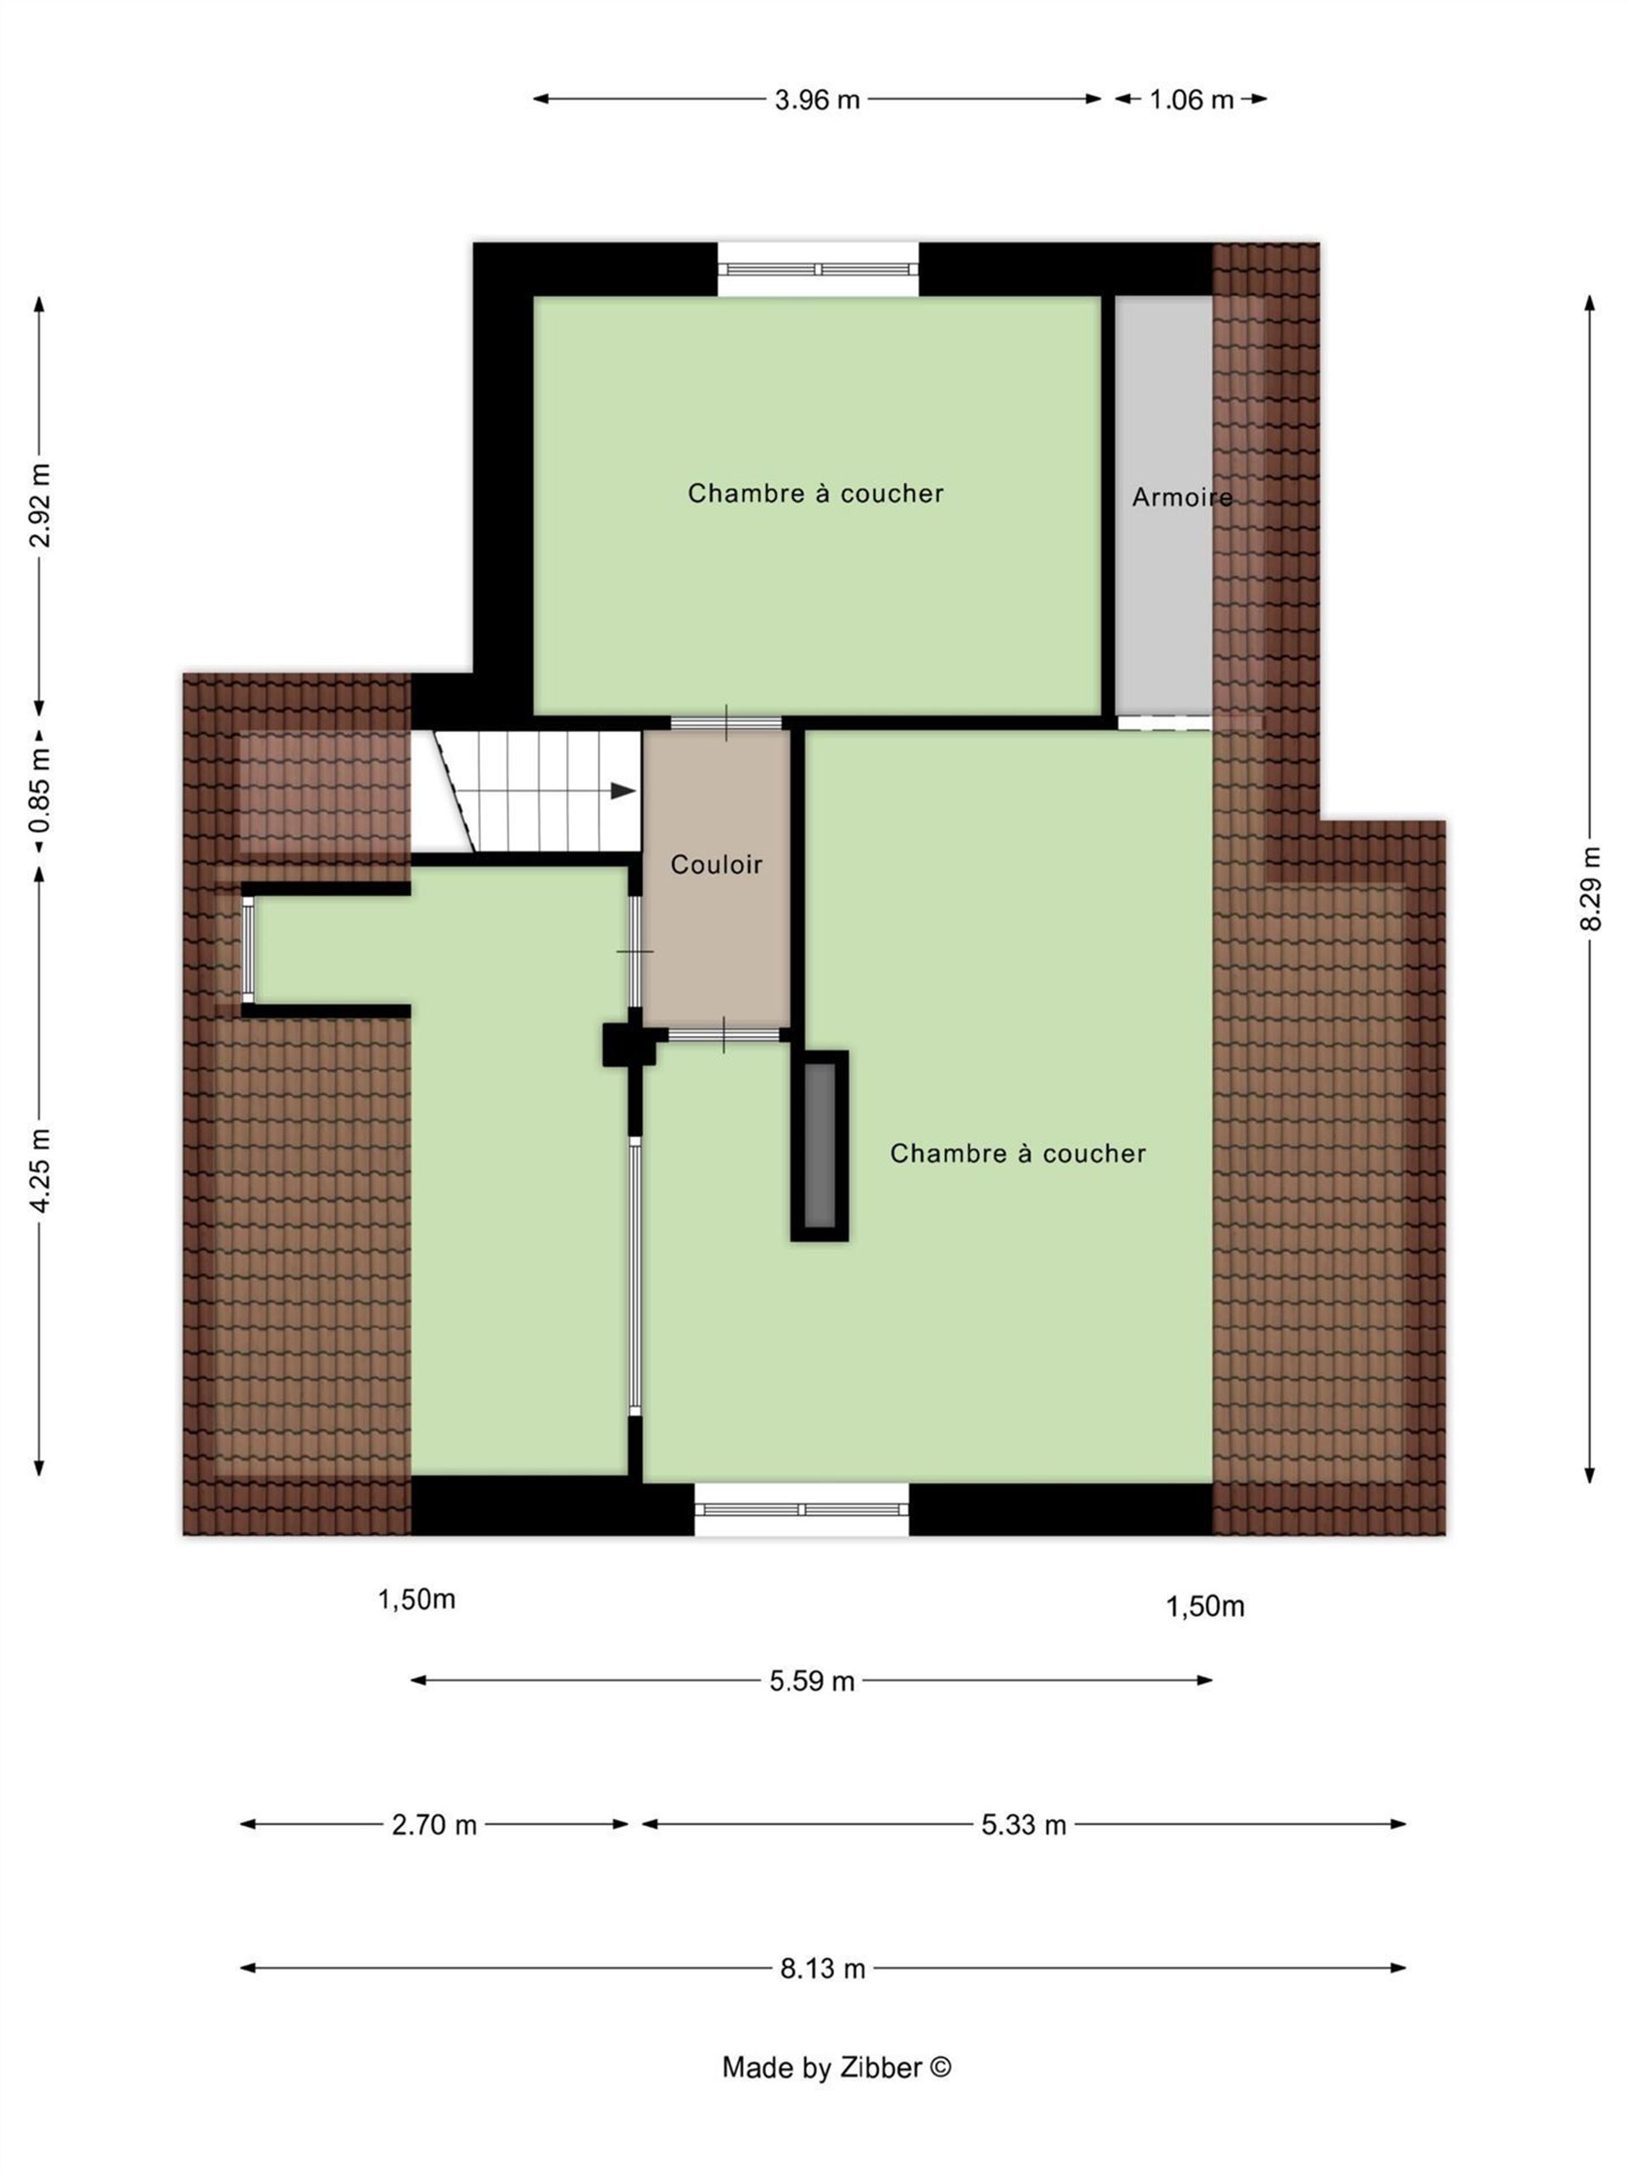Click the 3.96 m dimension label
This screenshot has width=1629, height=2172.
817,99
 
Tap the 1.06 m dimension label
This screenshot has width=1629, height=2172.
1191,99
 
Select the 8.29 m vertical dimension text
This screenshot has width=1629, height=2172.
1591,888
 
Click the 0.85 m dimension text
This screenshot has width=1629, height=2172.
40,791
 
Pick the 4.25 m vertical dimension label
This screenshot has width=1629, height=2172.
40,1171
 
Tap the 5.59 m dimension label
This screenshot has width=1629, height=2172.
812,1680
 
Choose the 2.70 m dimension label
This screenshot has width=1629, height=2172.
434,1824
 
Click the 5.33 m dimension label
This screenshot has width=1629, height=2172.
1023,1824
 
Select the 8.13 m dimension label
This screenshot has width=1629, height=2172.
823,1968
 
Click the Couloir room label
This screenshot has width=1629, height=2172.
716,864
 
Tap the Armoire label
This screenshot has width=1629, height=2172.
1181,497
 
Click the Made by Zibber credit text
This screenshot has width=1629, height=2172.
837,2067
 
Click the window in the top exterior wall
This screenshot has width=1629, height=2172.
818,270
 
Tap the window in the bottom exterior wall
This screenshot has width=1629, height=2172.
801,1509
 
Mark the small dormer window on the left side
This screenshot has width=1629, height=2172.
249,949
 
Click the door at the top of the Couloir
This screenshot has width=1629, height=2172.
725,723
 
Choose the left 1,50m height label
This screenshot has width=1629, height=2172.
417,1599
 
